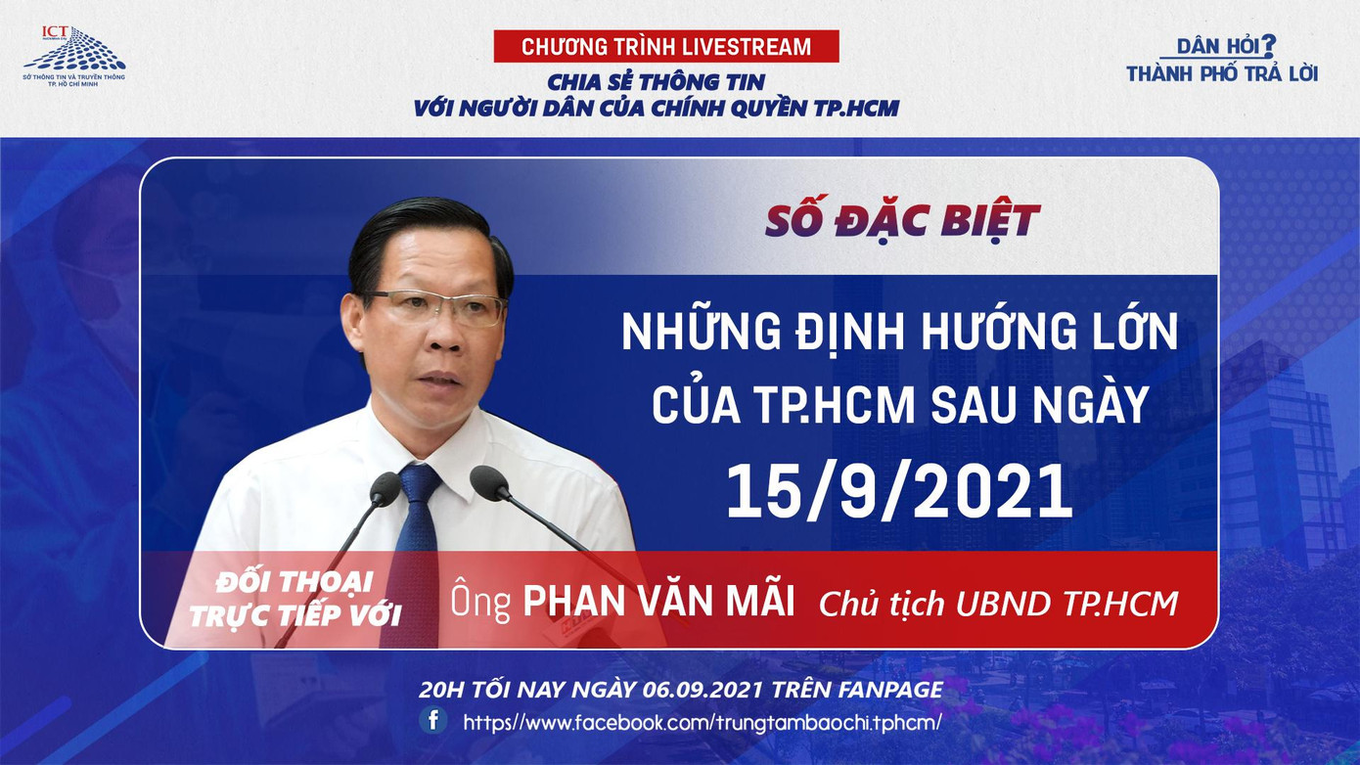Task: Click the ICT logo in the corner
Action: pos(73,54)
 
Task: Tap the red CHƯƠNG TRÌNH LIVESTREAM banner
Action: pos(666,46)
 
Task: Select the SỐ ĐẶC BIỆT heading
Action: pos(902,221)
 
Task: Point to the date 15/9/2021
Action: pos(898,491)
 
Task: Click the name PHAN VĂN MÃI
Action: pos(658,602)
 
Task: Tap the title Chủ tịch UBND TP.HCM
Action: pos(998,604)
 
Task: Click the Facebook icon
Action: pos(433,721)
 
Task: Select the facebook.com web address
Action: pos(702,722)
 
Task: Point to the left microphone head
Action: pos(385,488)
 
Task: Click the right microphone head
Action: pos(489,482)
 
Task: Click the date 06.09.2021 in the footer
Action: pos(703,689)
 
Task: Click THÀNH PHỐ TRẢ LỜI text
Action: pos(1222,73)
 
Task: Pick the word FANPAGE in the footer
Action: pos(890,689)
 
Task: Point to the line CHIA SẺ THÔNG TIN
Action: pos(656,81)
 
